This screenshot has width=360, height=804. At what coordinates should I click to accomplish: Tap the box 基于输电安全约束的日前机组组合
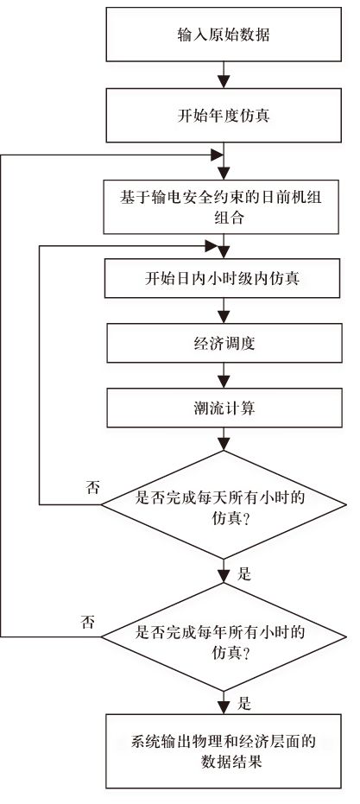tap(224, 206)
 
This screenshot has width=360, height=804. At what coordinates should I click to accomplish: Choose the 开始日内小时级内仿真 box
tap(224, 280)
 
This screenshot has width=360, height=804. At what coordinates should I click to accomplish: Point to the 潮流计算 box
tap(224, 408)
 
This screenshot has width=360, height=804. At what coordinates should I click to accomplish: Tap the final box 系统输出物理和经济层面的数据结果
tap(224, 750)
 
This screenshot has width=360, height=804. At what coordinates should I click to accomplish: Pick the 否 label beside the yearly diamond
tap(87, 620)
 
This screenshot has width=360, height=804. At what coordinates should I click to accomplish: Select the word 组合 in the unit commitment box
tap(224, 218)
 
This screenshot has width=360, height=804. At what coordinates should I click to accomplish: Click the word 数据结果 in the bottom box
tap(224, 763)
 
